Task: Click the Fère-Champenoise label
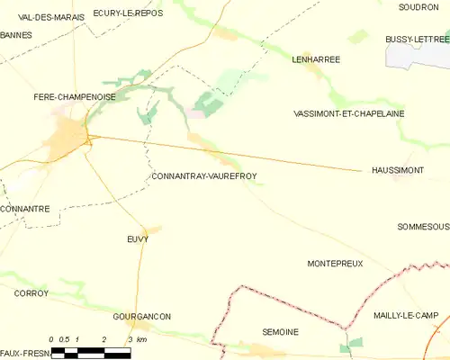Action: [x=74, y=96]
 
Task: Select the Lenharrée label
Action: [x=316, y=59]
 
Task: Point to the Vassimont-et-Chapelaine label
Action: [x=349, y=114]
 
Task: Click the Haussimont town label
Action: [x=397, y=170]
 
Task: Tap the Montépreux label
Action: [x=335, y=264]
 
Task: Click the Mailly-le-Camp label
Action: [x=406, y=316]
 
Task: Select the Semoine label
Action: [x=280, y=332]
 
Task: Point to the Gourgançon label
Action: [x=142, y=317]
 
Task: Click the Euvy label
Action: [x=137, y=239]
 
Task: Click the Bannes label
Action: [x=16, y=35]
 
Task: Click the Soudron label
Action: [x=418, y=6]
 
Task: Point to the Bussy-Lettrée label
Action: [x=417, y=39]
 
